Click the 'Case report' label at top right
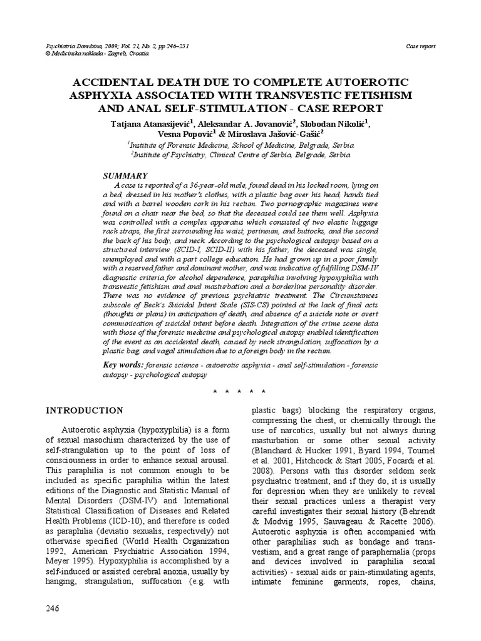click(421, 46)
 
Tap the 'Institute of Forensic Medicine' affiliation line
click(240, 144)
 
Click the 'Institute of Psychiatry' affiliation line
click(240, 154)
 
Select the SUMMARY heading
click(125, 176)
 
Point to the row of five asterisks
click(240, 391)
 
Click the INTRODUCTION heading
click(85, 411)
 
